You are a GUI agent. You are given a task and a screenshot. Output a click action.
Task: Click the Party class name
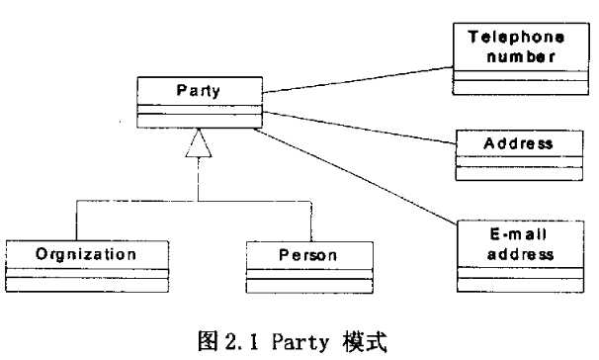click(x=198, y=91)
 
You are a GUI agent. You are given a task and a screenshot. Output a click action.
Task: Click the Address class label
click(x=517, y=143)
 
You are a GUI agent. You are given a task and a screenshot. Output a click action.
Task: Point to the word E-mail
click(x=517, y=234)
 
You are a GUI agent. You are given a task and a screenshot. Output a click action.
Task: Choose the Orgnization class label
click(x=71, y=254)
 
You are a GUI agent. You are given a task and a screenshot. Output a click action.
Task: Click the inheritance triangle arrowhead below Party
click(x=200, y=144)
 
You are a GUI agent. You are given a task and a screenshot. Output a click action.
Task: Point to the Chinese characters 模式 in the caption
click(x=364, y=341)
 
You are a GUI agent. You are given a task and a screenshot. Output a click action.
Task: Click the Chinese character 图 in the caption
click(x=209, y=341)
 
